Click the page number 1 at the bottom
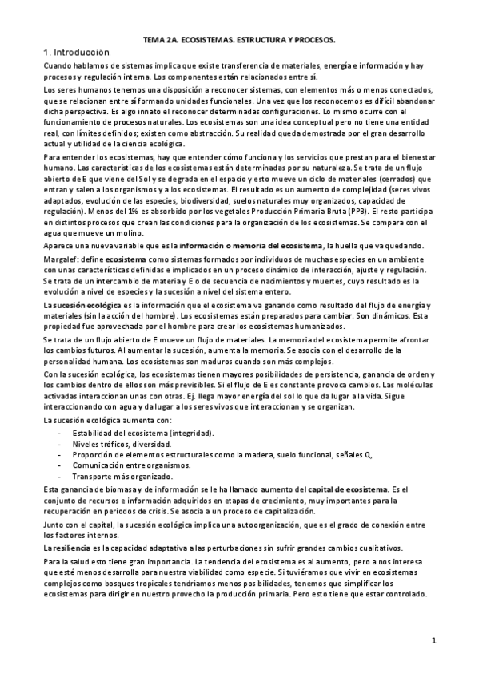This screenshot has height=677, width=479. (433, 640)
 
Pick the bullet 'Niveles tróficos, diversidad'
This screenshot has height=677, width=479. (122, 443)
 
